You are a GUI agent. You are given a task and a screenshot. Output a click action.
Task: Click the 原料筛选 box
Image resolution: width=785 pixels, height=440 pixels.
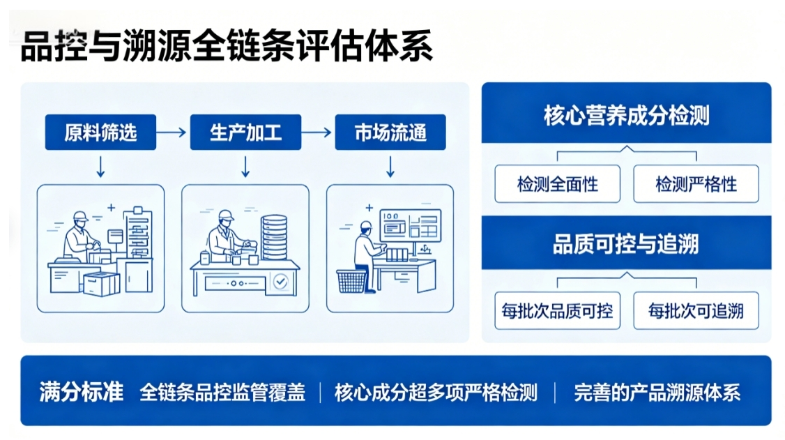click(100, 132)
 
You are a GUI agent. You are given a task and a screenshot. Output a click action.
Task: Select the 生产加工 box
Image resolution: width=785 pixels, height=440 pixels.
click(245, 132)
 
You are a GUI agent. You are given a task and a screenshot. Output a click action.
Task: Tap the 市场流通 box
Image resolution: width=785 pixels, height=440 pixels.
click(390, 132)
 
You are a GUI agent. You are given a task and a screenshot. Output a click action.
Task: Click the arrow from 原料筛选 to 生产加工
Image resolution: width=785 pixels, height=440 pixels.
click(172, 132)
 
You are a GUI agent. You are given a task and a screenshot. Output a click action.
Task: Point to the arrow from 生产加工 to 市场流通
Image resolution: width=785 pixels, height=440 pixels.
click(317, 132)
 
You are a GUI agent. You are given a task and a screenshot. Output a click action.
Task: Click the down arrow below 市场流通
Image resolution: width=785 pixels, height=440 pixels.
click(390, 167)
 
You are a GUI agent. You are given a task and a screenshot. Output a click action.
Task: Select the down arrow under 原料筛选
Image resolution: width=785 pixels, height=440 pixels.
click(100, 167)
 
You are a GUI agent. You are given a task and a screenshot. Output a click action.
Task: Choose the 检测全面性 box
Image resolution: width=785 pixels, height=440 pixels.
click(557, 183)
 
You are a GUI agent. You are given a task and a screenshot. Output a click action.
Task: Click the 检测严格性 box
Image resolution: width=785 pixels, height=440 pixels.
click(696, 183)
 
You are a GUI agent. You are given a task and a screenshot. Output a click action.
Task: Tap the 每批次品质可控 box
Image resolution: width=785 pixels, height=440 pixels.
click(557, 311)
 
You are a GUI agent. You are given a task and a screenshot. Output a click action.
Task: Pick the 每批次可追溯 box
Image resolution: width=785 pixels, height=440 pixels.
click(696, 311)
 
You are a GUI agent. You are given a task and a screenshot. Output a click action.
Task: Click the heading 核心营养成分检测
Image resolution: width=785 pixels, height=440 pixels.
click(626, 115)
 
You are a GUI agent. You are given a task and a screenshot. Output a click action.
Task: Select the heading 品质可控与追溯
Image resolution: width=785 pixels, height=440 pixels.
click(626, 244)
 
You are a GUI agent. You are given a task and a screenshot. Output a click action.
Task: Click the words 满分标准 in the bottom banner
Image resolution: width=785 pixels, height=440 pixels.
click(81, 391)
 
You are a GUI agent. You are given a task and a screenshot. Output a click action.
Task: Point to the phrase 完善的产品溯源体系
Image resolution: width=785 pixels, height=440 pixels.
click(657, 393)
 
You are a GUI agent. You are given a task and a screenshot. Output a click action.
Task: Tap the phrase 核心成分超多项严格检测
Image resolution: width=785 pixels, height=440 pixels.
click(436, 393)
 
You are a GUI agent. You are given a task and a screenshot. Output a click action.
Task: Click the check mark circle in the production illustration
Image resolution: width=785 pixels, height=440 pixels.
click(280, 282)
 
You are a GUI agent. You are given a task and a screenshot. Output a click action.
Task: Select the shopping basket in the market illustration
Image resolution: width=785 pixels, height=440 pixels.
click(351, 281)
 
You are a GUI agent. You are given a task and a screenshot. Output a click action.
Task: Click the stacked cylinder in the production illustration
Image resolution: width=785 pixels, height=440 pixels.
click(275, 237)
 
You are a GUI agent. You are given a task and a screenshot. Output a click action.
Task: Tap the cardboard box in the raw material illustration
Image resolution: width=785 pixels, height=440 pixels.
click(102, 284)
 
